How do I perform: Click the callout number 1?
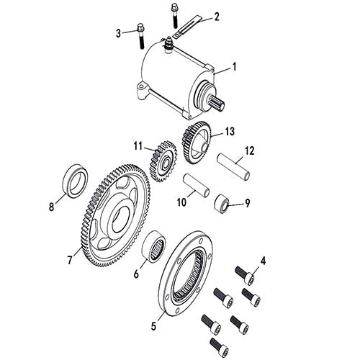tap(234, 66)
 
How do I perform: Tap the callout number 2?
tap(217, 17)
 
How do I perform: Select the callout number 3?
tap(118, 33)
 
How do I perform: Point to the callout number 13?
tap(230, 131)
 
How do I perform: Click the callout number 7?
tap(69, 260)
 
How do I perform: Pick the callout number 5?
tap(153, 326)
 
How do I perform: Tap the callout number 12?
tap(249, 151)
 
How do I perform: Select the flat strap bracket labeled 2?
tap(187, 27)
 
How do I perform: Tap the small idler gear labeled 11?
tap(163, 161)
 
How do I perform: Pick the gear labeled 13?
tap(197, 143)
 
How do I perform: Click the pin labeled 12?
tap(233, 167)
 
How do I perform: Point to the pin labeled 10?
tap(197, 186)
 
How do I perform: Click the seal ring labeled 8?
tap(75, 181)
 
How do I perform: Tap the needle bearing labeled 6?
tap(154, 246)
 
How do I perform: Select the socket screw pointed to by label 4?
tap(245, 275)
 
